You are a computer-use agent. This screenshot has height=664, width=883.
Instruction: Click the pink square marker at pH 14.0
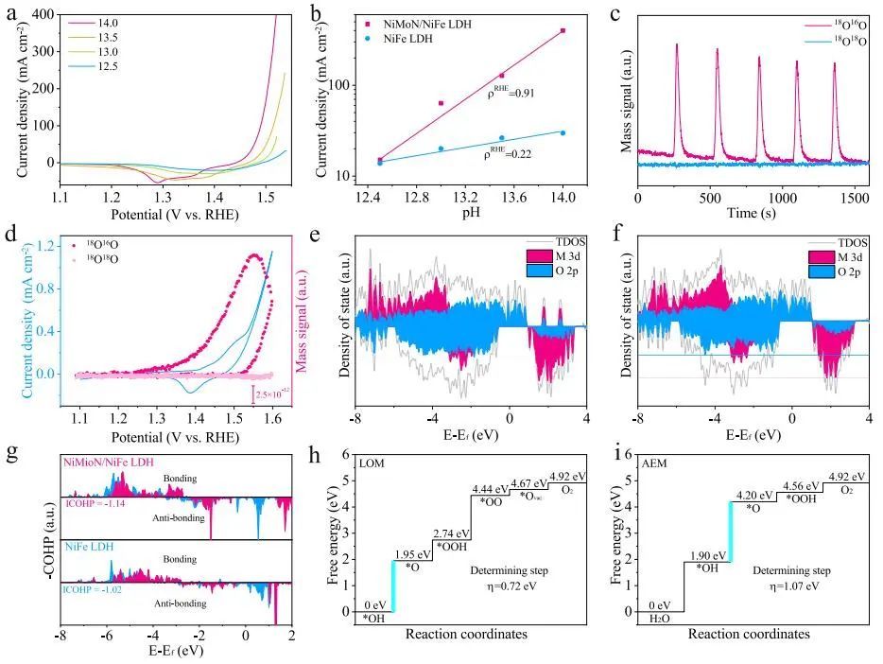pyautogui.click(x=563, y=31)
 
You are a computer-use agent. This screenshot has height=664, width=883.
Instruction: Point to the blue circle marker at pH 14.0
pyautogui.click(x=563, y=133)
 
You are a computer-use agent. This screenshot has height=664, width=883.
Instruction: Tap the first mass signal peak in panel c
pyautogui.click(x=677, y=44)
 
